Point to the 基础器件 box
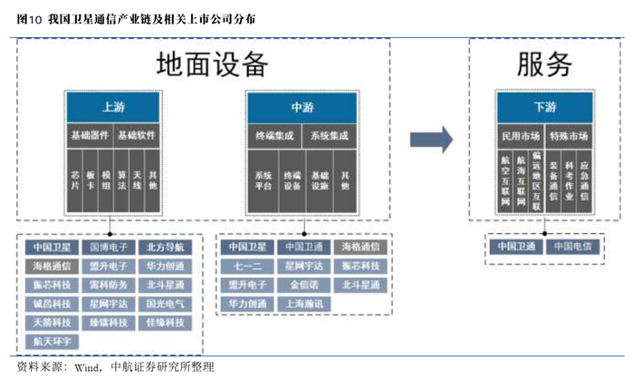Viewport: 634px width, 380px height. click(x=89, y=135)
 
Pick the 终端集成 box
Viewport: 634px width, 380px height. click(x=273, y=135)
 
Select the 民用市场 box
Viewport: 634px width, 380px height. click(x=521, y=135)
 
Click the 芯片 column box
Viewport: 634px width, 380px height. click(x=75, y=179)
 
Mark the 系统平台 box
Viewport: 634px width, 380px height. click(x=264, y=179)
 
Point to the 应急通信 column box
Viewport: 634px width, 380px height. click(x=584, y=179)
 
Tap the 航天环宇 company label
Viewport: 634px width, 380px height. click(x=53, y=341)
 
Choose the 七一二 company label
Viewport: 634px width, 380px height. click(x=245, y=266)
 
